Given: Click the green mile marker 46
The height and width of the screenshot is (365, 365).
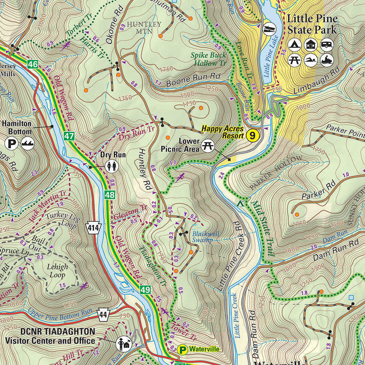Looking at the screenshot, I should click(x=32, y=65).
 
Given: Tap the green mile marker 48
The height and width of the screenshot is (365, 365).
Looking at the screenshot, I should click(x=109, y=195).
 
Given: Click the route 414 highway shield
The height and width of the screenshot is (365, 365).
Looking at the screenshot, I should click(x=93, y=227).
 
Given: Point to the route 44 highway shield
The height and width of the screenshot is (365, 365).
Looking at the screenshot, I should click(x=104, y=313).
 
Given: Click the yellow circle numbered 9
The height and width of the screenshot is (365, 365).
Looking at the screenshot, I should click(x=253, y=136).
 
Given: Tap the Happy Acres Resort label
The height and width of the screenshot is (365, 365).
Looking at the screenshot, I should click(x=223, y=132).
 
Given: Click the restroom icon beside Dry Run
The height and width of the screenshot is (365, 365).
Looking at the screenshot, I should click(x=111, y=166).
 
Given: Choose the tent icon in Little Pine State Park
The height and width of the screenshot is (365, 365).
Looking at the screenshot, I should click(x=294, y=45).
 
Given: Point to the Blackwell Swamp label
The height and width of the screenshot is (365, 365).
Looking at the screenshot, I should click(x=203, y=237).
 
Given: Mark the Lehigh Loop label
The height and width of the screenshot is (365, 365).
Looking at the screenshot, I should click(x=57, y=270).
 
